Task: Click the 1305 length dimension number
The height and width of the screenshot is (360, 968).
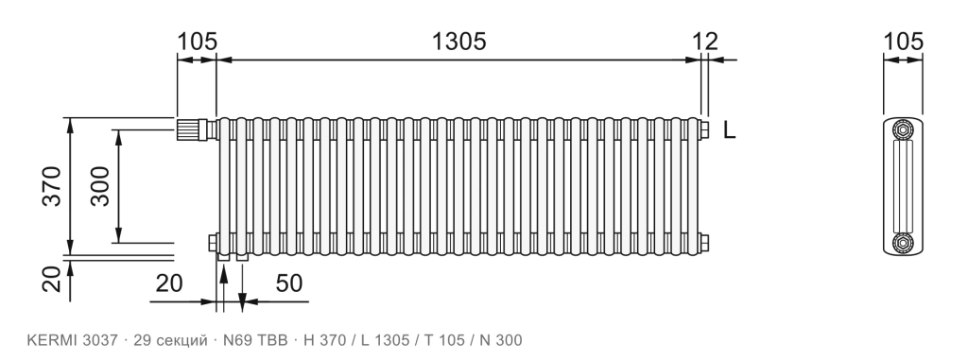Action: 458,42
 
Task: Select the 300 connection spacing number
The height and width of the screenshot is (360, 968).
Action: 99,186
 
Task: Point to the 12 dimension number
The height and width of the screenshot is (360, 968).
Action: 705,42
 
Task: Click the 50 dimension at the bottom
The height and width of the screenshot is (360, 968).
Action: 289,283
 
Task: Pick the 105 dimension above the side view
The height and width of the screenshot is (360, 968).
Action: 903,42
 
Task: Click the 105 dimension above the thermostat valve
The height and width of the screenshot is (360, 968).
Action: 198,42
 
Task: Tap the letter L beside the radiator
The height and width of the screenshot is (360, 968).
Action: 729,130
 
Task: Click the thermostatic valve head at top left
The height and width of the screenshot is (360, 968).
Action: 191,129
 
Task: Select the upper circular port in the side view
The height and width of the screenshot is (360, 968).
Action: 903,129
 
